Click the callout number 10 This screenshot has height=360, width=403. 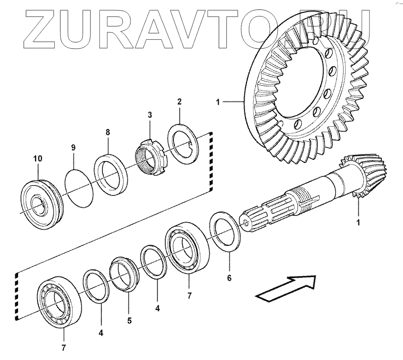click(37, 158)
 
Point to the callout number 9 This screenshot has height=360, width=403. click(73, 147)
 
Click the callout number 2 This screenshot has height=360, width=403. click(179, 102)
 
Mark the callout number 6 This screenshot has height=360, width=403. click(229, 278)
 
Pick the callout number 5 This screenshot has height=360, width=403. click(129, 320)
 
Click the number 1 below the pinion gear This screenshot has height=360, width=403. click(358, 223)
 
